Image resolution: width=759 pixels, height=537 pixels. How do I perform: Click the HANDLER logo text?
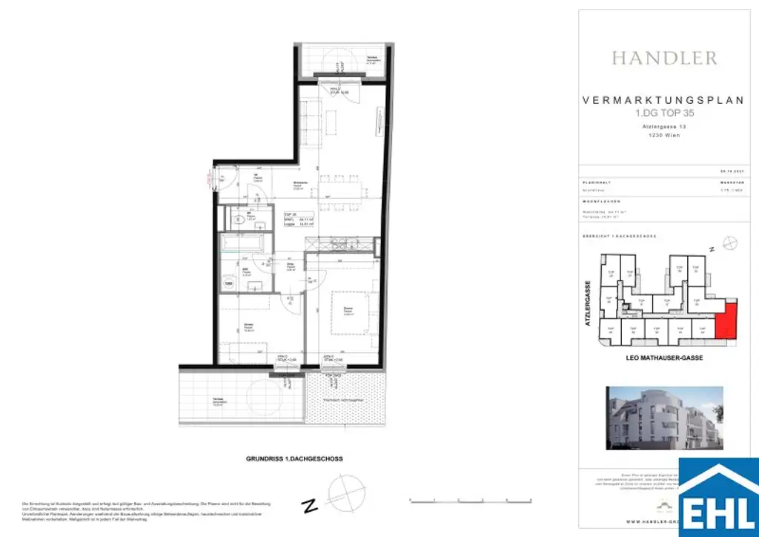(x=663, y=58)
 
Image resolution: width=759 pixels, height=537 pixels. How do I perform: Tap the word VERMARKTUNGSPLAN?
(x=663, y=101)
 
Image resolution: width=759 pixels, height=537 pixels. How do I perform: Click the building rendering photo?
(x=663, y=418)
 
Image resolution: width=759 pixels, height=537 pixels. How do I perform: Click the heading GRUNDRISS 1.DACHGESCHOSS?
(x=294, y=459)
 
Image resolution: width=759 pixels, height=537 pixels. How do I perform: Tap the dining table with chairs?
(x=342, y=190)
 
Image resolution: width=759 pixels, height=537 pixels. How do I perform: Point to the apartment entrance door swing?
(x=219, y=178)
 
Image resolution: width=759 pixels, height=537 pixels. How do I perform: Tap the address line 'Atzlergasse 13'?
(x=663, y=128)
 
